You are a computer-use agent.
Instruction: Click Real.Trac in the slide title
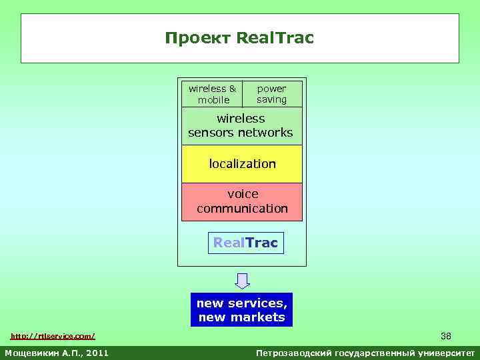point(275,39)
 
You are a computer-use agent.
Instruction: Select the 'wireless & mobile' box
point(212,94)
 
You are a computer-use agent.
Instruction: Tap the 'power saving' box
point(272,94)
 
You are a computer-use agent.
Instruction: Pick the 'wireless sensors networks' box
point(241,126)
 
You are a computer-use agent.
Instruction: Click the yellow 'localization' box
point(242,164)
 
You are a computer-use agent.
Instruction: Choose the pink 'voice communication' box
point(242,201)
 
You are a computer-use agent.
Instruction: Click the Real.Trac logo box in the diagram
point(245,243)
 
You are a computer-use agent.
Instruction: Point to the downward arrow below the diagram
point(243,281)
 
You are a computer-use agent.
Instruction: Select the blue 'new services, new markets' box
point(241,310)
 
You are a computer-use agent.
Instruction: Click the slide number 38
point(445,335)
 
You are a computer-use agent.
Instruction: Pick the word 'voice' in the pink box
point(243,194)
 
